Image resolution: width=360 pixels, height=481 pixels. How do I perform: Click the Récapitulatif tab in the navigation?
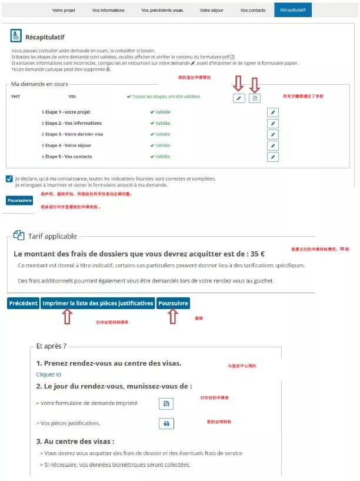click(292, 10)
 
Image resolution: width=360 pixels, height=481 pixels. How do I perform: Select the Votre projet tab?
click(64, 10)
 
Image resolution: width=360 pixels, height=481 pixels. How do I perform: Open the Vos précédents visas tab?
click(162, 10)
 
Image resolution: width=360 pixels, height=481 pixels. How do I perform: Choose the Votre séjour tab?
click(211, 10)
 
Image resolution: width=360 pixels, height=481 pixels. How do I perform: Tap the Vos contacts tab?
click(253, 10)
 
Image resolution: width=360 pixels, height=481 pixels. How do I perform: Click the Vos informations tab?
click(108, 10)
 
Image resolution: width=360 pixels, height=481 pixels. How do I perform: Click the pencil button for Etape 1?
click(272, 112)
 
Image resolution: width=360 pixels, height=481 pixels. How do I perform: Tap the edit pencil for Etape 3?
click(272, 135)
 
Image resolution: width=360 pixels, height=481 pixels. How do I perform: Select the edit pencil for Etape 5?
click(272, 157)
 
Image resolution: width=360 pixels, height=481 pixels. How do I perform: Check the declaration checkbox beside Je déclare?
click(9, 179)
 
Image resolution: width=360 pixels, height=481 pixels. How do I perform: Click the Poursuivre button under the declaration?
click(19, 200)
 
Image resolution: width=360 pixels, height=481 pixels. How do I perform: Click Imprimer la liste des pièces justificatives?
click(98, 303)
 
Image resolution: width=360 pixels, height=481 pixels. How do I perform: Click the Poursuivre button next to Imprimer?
click(174, 303)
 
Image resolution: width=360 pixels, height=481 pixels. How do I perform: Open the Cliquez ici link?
click(48, 374)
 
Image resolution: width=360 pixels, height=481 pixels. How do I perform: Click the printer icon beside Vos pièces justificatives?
click(166, 423)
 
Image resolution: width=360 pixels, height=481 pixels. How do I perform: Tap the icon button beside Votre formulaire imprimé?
click(166, 403)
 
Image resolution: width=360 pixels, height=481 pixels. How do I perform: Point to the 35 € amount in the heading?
click(257, 254)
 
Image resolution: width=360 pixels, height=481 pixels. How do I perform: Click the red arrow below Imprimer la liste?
click(66, 318)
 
